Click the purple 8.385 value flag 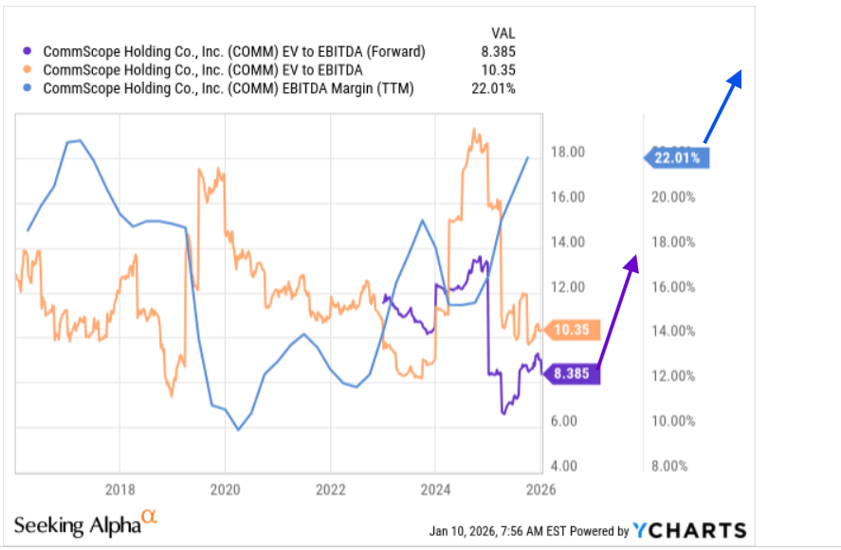573,374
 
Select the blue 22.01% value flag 679,158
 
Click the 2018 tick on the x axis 119,490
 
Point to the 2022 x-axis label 330,490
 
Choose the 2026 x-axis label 540,490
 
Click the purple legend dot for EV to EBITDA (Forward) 28,52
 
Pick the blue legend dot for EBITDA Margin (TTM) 28,88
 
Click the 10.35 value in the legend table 499,70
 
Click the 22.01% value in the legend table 494,88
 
